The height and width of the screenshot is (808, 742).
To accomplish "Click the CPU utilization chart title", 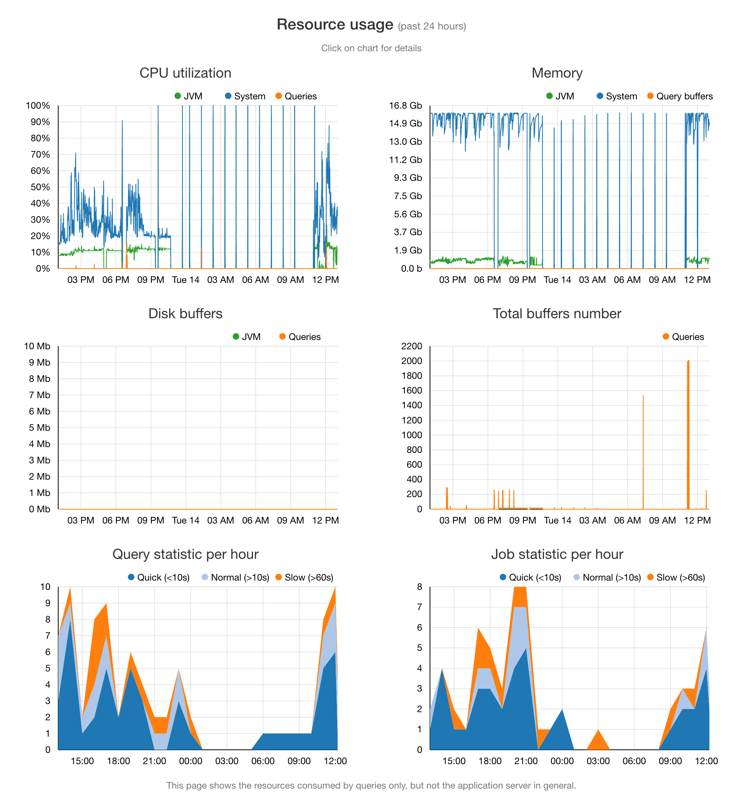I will pos(185,73).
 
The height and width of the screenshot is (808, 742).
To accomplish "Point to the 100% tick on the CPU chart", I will pos(38,106).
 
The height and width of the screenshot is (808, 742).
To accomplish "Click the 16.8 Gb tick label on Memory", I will pos(405,106).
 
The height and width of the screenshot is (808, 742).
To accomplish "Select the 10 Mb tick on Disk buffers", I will pos(37,346).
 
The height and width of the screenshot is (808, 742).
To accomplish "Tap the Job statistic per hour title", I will pos(557,554).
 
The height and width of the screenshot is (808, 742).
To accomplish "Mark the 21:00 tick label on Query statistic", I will pos(154,761).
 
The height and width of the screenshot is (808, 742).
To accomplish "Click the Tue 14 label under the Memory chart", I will pos(557,280).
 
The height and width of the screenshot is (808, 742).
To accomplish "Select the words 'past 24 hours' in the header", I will pos(432,26).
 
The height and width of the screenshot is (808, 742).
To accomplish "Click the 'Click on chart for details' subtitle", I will pos(371,48).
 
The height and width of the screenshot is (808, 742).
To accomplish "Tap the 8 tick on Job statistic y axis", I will pos(420,587).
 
